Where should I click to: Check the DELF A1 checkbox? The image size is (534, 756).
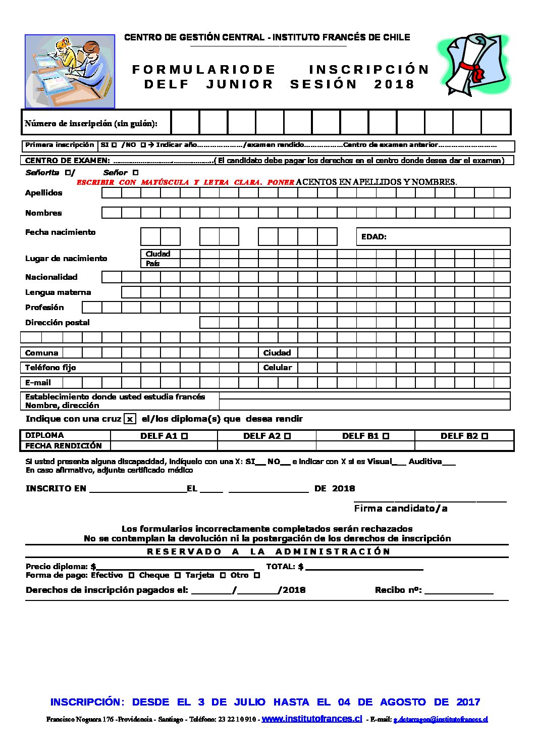coord(185,436)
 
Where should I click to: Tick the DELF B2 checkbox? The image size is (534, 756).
coord(485,436)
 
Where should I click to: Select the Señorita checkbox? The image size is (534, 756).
coord(68,173)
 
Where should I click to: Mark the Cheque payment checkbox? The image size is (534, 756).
coord(178,575)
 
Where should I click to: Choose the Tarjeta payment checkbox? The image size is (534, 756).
coord(223,575)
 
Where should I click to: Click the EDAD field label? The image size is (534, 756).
coord(374,236)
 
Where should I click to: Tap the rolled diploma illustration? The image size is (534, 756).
coord(473,64)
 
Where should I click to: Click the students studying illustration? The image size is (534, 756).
coord(70,71)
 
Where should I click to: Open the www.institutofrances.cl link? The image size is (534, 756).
coord(312,719)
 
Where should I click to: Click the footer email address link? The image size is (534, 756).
coord(441,720)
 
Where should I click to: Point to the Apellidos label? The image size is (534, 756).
coord(44,193)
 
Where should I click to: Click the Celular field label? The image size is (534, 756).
coord(278,368)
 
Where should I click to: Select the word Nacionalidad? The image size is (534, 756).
coord(51,277)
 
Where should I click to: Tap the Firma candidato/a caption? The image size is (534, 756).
coord(401,509)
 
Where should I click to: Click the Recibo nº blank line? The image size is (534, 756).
coord(459,591)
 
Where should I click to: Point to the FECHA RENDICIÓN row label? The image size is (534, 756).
coord(64,445)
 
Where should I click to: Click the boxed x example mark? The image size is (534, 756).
coord(130,419)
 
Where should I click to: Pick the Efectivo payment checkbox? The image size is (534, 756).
coord(131,575)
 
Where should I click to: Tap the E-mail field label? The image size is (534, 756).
coord(38,383)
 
